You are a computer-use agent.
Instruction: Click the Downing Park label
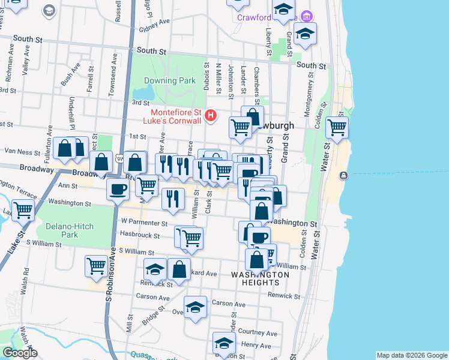(170, 80)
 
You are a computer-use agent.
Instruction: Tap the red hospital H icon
(210, 115)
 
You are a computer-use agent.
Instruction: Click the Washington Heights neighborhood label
(260, 278)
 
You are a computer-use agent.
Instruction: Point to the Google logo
(19, 353)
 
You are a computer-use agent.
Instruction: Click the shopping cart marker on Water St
(337, 128)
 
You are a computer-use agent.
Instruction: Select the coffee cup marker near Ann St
(117, 189)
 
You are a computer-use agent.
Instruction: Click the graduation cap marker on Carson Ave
(195, 308)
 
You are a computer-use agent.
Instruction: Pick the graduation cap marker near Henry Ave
(224, 344)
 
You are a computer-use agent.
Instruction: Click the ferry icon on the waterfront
(343, 175)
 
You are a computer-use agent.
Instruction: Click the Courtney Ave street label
(258, 332)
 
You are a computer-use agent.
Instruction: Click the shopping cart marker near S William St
(97, 265)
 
